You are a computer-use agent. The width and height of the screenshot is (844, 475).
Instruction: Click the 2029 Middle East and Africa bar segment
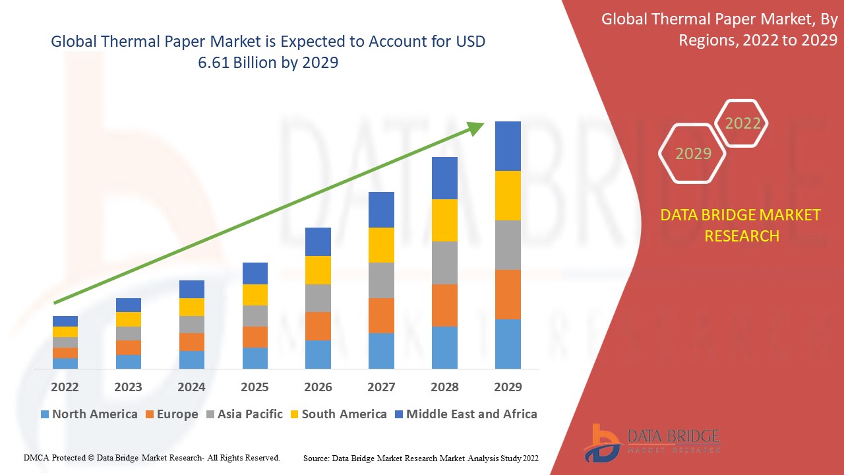tap(508, 146)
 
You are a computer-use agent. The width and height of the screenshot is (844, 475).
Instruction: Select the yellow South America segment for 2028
tap(444, 220)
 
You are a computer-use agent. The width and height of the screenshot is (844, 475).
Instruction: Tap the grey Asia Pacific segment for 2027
tap(381, 280)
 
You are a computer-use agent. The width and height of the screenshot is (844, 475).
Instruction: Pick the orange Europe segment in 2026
tap(318, 326)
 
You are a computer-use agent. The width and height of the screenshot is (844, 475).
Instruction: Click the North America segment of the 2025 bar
tap(255, 358)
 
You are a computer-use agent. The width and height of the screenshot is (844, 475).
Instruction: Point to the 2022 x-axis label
tap(65, 387)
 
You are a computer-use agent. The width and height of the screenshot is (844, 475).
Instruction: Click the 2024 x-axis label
tap(191, 387)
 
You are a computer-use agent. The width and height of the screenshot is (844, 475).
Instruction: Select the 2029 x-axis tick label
tap(508, 387)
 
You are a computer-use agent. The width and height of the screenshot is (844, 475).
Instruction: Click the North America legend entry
tap(89, 414)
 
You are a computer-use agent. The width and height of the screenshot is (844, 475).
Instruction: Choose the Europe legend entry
tap(171, 414)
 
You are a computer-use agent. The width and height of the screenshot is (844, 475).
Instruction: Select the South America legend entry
tap(338, 414)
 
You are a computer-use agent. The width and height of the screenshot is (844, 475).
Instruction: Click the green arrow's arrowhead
tap(476, 127)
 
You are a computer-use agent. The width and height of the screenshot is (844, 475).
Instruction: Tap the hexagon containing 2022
tap(742, 123)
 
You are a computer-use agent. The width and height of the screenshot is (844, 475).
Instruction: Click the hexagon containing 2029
tap(693, 154)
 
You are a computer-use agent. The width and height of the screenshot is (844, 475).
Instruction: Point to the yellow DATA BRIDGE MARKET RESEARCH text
tap(742, 225)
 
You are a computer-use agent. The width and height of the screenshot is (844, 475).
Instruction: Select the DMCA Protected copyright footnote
tap(152, 457)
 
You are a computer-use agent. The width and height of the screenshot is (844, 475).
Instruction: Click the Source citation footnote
tap(421, 458)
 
